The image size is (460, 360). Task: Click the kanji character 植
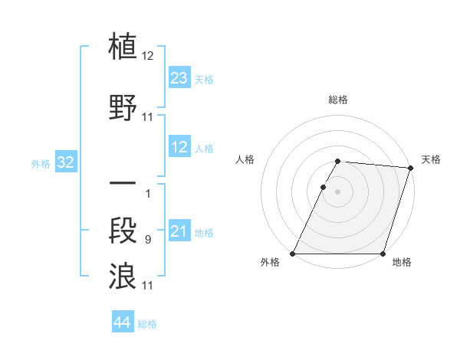(x=123, y=45)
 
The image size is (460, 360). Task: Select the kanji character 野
(x=123, y=106)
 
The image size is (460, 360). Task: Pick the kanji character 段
(x=123, y=230)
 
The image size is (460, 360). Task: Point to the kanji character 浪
(x=123, y=275)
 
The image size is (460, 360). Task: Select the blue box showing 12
(x=179, y=147)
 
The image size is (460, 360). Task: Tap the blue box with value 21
(x=179, y=231)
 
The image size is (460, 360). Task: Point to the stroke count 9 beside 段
(x=147, y=241)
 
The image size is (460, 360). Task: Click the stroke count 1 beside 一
(x=147, y=193)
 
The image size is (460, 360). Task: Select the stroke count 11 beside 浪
(x=148, y=286)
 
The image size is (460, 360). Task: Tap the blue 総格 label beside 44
(x=147, y=324)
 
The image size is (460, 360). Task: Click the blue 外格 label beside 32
(x=40, y=163)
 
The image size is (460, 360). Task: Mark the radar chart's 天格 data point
(x=410, y=168)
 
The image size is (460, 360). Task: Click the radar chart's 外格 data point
(x=293, y=254)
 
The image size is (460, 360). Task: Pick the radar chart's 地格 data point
(x=383, y=254)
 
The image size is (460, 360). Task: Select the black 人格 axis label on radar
(x=245, y=159)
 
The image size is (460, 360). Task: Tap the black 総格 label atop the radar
(x=337, y=100)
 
